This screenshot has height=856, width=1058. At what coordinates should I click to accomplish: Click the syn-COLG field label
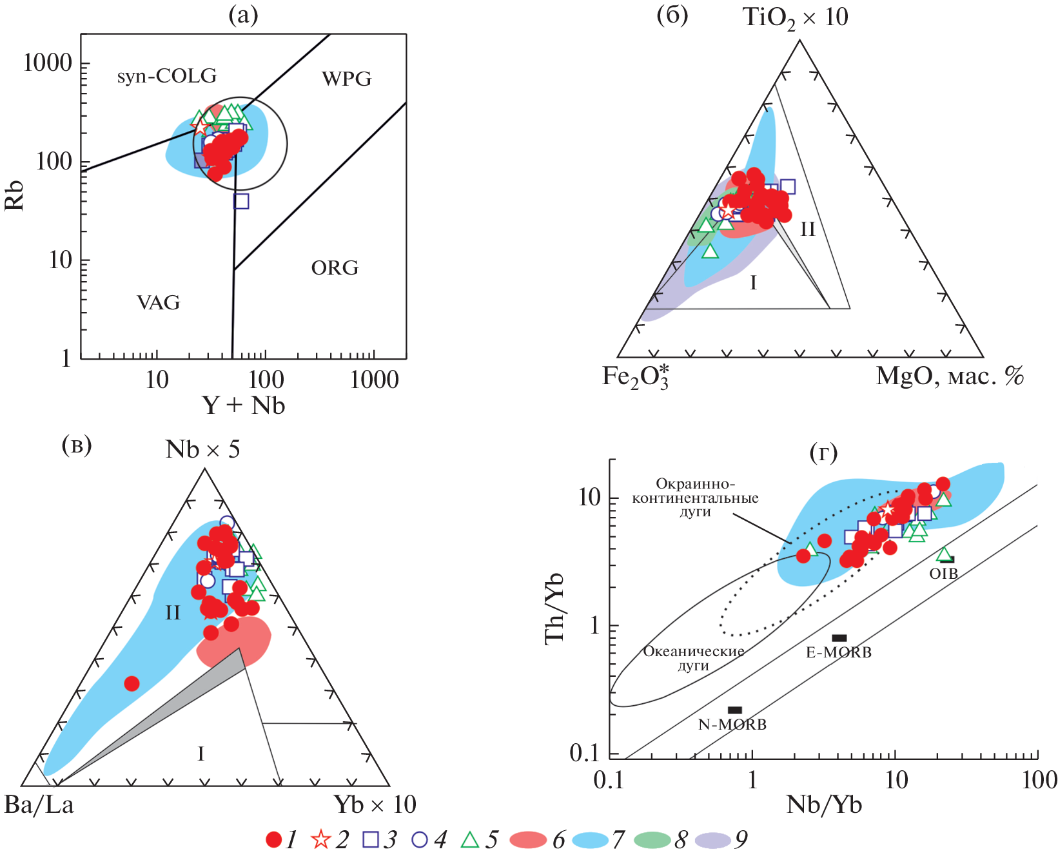pyautogui.click(x=167, y=76)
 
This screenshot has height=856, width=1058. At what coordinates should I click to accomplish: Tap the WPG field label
pyautogui.click(x=347, y=79)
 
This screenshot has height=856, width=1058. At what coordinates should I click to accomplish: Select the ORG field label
pyautogui.click(x=335, y=267)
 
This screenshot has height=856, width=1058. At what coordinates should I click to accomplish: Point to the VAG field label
pyautogui.click(x=159, y=302)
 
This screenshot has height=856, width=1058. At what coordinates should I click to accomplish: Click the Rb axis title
pyautogui.click(x=14, y=195)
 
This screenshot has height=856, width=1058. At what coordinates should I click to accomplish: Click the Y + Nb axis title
pyautogui.click(x=244, y=405)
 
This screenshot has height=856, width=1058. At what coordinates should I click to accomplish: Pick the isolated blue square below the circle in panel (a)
pyautogui.click(x=241, y=201)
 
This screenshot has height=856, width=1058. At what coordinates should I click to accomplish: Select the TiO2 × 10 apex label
pyautogui.click(x=796, y=17)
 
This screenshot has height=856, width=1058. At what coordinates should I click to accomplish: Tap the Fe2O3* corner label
pyautogui.click(x=635, y=376)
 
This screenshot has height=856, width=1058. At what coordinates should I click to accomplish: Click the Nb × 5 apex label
pyautogui.click(x=202, y=449)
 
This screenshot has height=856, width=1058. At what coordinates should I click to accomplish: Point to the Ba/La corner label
pyautogui.click(x=39, y=805)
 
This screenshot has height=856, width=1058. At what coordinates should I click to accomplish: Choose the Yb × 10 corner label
pyautogui.click(x=375, y=805)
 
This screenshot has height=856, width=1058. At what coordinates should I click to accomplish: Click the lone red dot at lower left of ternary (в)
pyautogui.click(x=132, y=683)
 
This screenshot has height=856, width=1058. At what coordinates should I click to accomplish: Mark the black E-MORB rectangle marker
pyautogui.click(x=839, y=638)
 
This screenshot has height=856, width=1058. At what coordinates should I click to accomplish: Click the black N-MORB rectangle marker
pyautogui.click(x=735, y=710)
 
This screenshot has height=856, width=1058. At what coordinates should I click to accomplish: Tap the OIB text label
pyautogui.click(x=943, y=573)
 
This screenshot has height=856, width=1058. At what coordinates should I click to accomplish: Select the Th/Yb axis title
pyautogui.click(x=554, y=607)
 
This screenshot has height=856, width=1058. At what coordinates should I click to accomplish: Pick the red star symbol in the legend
pyautogui.click(x=320, y=839)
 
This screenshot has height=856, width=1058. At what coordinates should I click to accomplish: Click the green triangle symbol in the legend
pyautogui.click(x=470, y=839)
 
